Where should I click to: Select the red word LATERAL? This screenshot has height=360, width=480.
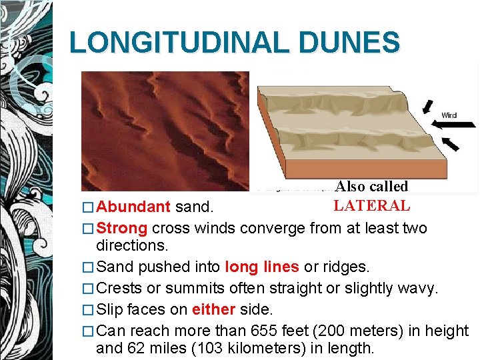coord(372,206)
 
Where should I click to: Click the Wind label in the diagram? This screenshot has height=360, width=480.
coord(449,115)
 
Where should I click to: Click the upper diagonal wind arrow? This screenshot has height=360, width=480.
coord(430,107)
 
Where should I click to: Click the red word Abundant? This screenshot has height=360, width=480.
coord(133,208)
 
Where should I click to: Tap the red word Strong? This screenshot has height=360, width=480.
coord(122,229)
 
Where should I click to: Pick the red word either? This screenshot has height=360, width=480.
coord(213,310)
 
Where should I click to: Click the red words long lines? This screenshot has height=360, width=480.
coord(262,267)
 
